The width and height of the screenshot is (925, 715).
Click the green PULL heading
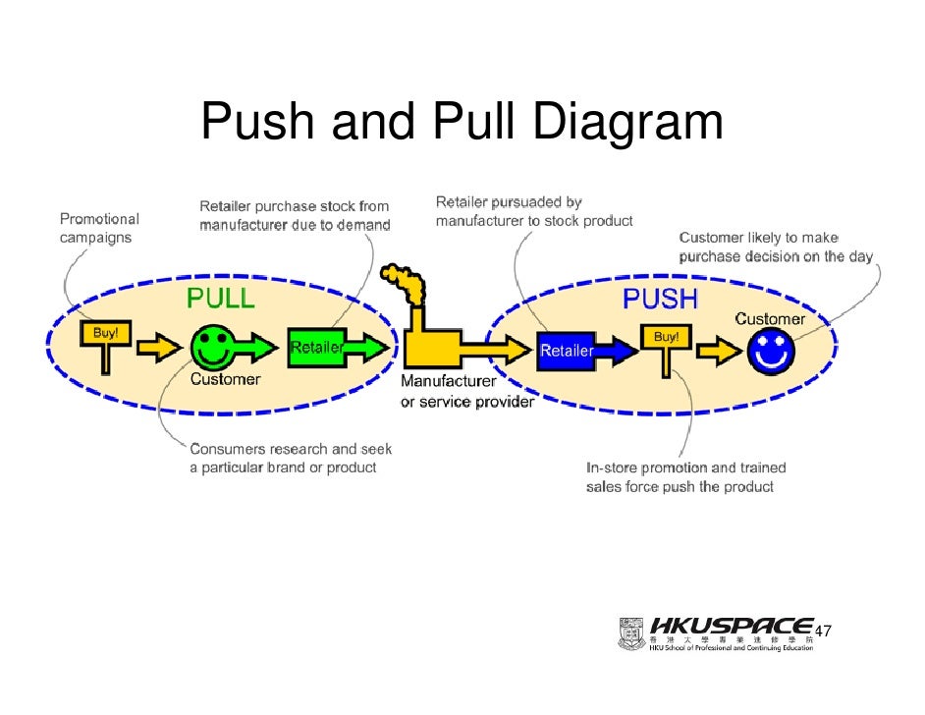click(221, 299)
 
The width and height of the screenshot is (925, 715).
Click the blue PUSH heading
click(660, 299)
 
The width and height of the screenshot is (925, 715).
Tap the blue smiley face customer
click(770, 351)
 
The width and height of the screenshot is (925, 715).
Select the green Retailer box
click(316, 347)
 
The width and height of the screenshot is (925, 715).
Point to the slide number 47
click(823, 631)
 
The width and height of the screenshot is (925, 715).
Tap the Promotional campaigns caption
click(99, 228)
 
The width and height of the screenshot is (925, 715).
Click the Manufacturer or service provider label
click(466, 392)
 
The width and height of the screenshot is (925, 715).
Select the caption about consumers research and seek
click(291, 458)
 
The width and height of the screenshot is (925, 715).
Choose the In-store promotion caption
click(685, 477)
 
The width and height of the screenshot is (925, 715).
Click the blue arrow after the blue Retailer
click(620, 349)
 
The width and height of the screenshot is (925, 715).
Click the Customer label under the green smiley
click(225, 379)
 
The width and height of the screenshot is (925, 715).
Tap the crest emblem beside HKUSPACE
click(631, 633)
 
